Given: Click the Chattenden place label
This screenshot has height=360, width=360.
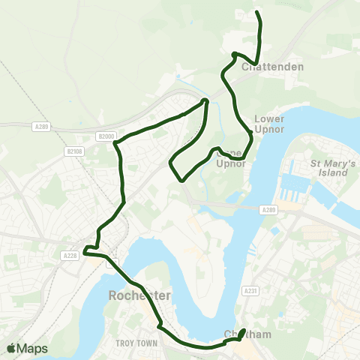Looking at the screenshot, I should pos(272,67).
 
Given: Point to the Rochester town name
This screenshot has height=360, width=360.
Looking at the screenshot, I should pos(139,295).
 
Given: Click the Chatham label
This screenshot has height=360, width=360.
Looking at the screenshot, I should pos(247,334).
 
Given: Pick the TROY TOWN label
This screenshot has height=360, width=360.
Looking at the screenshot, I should pos(134,343).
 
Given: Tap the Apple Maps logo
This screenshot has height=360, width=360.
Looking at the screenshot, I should pos(27,349).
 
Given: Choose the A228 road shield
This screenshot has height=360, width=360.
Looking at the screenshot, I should pos(70,256).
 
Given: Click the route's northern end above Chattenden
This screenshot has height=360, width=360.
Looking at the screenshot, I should pos(257,13).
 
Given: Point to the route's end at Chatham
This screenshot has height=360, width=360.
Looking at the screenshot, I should pos(245,330).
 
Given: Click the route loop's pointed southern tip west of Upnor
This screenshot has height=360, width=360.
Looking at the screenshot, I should pos(182,179).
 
